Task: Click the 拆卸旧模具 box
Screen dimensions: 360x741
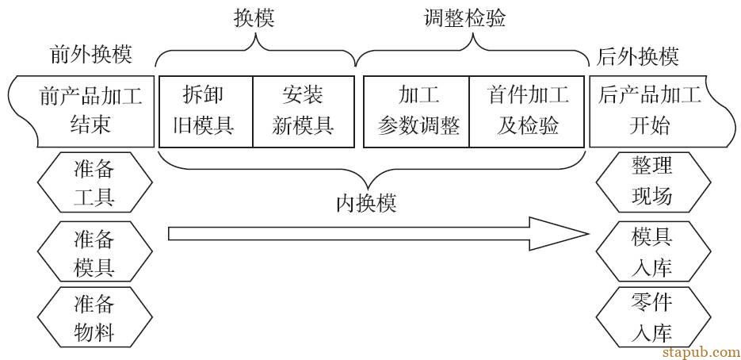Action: click(x=206, y=111)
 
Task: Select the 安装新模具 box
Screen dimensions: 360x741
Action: click(x=303, y=111)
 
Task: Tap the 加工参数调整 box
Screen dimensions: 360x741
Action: click(x=417, y=111)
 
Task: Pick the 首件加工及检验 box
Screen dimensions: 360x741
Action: click(x=528, y=111)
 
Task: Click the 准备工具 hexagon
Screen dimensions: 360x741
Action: click(x=94, y=181)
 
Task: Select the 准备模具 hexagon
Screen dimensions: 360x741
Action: click(x=94, y=251)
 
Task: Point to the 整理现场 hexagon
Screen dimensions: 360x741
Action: click(x=651, y=181)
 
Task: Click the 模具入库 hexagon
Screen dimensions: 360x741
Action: click(x=651, y=251)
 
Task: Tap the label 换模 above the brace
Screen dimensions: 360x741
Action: click(x=254, y=19)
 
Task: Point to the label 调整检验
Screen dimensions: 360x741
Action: click(x=465, y=19)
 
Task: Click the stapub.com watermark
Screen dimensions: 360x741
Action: click(x=700, y=350)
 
